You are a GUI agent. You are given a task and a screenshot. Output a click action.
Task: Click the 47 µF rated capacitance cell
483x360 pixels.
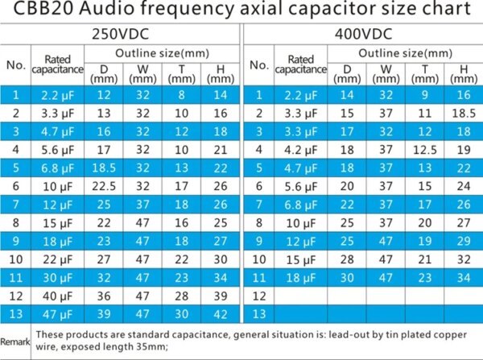point(56,313)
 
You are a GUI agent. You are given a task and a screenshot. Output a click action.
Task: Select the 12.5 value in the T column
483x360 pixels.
point(424,149)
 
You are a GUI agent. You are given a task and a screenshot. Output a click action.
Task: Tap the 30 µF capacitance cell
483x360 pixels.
point(56,277)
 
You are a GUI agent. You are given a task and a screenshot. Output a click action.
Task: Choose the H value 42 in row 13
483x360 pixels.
point(221,313)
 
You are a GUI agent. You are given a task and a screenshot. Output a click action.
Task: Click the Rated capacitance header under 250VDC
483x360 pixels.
point(56,64)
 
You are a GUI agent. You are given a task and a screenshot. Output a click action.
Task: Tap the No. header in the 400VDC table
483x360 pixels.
point(259,64)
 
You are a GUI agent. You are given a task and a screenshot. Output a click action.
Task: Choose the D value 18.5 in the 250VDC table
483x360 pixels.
point(105,168)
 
